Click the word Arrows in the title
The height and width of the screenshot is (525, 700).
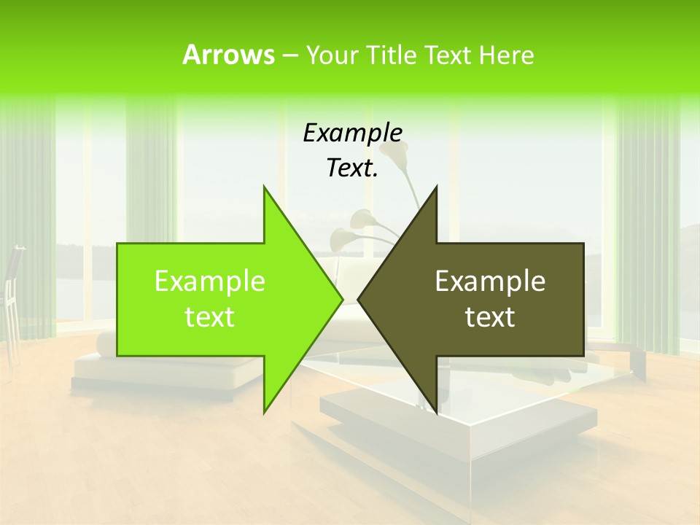click(x=228, y=55)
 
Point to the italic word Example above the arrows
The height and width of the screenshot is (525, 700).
click(x=353, y=133)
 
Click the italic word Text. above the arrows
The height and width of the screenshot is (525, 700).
click(x=353, y=168)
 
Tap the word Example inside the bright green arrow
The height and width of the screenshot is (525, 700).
click(x=210, y=281)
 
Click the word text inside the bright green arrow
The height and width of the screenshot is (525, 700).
click(x=210, y=317)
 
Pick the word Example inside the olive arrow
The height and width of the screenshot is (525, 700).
click(x=490, y=281)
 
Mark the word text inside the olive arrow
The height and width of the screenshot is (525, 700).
click(x=490, y=317)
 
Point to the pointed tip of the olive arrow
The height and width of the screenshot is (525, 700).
click(x=359, y=300)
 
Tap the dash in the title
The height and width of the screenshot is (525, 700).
click(x=289, y=55)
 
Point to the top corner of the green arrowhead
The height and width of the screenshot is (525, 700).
click(x=265, y=187)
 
